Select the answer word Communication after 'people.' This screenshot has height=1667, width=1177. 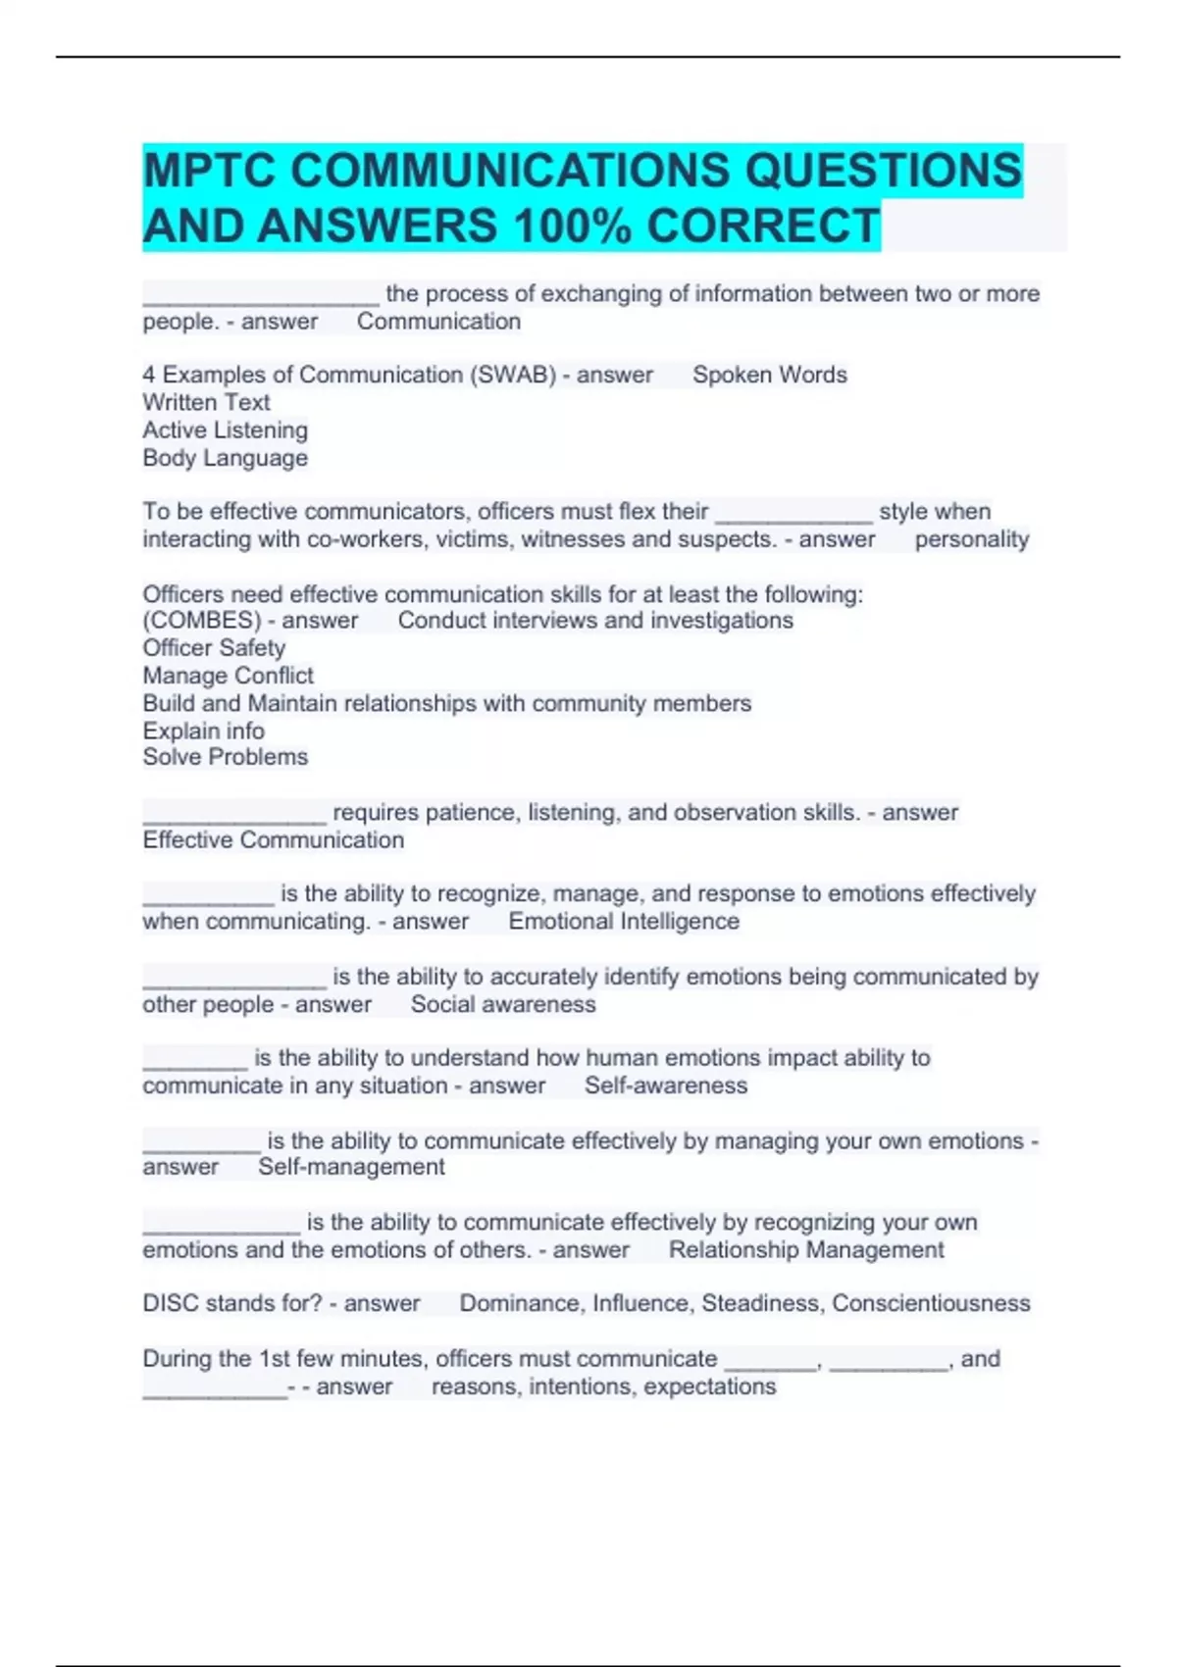pyautogui.click(x=438, y=322)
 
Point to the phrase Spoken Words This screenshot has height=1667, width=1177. pyautogui.click(x=770, y=375)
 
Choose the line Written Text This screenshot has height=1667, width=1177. pyautogui.click(x=206, y=402)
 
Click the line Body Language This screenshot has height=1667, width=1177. pyautogui.click(x=225, y=458)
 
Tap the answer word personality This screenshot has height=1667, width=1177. pyautogui.click(x=972, y=539)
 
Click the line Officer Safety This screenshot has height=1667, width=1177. pyautogui.click(x=214, y=648)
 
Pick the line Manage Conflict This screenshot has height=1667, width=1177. pyautogui.click(x=228, y=676)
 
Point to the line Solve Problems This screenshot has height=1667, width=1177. pyautogui.click(x=225, y=757)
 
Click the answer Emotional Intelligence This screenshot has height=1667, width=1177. pyautogui.click(x=624, y=922)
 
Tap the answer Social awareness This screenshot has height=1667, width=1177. pyautogui.click(x=503, y=1004)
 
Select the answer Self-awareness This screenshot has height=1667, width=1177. pyautogui.click(x=666, y=1086)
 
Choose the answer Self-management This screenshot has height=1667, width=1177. pyautogui.click(x=351, y=1167)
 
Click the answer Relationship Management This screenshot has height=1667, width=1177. pyautogui.click(x=806, y=1250)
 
